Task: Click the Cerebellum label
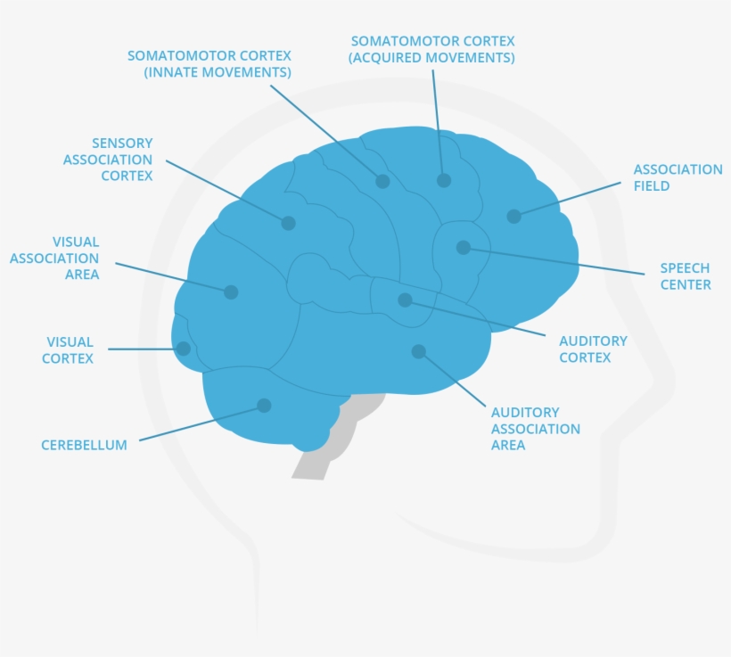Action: click(84, 445)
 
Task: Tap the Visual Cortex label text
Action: click(70, 350)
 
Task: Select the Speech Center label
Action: click(685, 276)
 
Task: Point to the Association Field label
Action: click(678, 177)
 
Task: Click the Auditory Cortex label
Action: click(593, 349)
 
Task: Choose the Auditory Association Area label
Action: click(535, 429)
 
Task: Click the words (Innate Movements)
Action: click(218, 71)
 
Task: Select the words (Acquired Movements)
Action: click(431, 58)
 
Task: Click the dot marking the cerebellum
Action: click(264, 406)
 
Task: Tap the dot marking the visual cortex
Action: click(184, 349)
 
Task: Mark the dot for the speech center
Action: click(464, 248)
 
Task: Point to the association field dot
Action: click(513, 216)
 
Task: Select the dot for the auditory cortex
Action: click(405, 300)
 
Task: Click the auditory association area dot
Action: click(418, 351)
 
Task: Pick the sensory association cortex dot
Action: click(288, 223)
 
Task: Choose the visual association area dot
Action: click(231, 292)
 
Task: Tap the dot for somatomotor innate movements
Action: click(382, 181)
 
